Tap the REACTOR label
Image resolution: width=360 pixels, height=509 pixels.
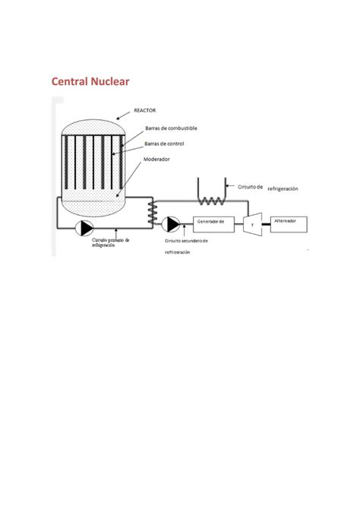(x=144, y=110)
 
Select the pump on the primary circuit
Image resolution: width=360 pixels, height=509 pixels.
(x=86, y=227)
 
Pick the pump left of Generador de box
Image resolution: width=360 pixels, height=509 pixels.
(x=172, y=223)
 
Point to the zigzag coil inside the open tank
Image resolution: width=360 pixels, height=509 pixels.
(x=213, y=201)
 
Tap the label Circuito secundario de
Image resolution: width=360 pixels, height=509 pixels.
(x=185, y=240)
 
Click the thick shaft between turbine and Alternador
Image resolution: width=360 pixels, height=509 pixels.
(x=266, y=223)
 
